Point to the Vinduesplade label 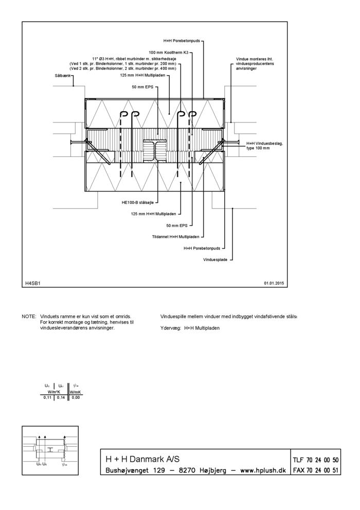[215, 259]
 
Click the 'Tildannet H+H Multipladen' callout [176, 237]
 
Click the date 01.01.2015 [274, 283]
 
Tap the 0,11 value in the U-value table [47, 397]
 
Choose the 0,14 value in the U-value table [60, 397]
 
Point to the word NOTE [29, 316]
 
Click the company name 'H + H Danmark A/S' [142, 459]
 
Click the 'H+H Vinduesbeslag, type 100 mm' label [265, 146]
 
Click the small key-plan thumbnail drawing [51, 449]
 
